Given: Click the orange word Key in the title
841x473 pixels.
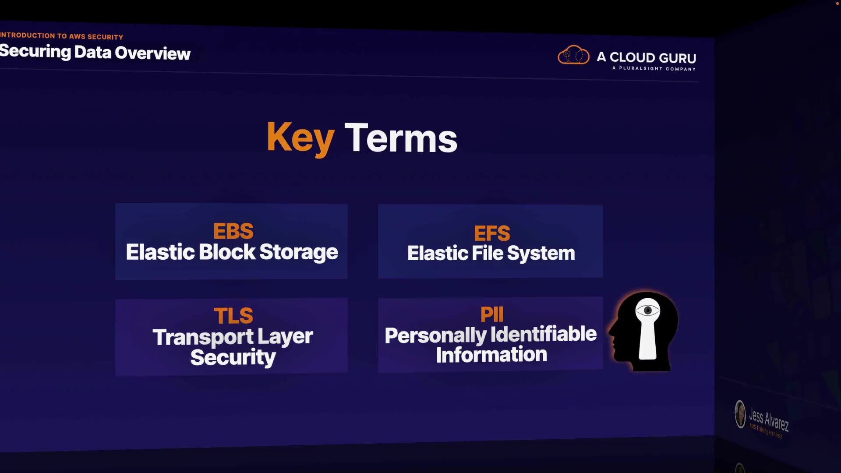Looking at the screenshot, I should click(300, 138).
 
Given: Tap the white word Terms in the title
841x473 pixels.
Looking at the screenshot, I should click(401, 139).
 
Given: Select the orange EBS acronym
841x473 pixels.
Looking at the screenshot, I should click(233, 231).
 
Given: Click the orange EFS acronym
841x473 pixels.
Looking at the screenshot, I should click(492, 233).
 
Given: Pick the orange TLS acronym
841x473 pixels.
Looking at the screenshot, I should click(233, 316).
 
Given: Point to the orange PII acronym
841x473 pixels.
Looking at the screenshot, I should click(492, 314).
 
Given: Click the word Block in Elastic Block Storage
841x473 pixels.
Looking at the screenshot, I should click(227, 252).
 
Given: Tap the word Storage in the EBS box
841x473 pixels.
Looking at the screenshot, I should click(299, 253).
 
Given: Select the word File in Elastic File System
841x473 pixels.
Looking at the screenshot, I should click(488, 253).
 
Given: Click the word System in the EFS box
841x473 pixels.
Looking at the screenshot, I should click(541, 254).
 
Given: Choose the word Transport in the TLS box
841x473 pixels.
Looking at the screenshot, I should click(203, 337).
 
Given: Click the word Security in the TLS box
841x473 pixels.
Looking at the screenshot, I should click(233, 357).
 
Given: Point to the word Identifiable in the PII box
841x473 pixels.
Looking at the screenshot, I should click(544, 334).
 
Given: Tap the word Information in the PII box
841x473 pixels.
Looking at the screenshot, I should click(491, 354).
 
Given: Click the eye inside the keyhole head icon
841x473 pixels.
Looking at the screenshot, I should click(647, 311).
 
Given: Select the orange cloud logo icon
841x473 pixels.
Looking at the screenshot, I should click(573, 56).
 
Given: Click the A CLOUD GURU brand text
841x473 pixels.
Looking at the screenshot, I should click(647, 57).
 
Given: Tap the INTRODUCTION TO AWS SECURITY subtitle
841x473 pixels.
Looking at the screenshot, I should click(62, 36).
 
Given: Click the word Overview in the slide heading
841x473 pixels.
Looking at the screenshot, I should click(152, 53).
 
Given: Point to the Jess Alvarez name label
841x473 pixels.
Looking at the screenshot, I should click(769, 419).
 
